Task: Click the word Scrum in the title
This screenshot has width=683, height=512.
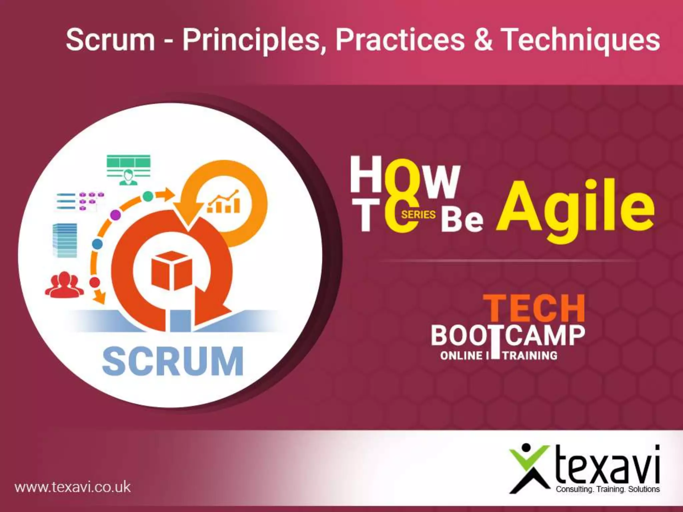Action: pyautogui.click(x=110, y=39)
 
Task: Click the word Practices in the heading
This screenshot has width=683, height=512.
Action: pyautogui.click(x=400, y=39)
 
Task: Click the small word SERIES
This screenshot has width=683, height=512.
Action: pyautogui.click(x=419, y=214)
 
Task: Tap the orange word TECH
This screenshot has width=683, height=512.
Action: pyautogui.click(x=534, y=309)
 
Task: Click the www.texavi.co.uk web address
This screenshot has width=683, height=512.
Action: pyautogui.click(x=73, y=487)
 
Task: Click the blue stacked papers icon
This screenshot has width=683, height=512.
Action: pyautogui.click(x=65, y=240)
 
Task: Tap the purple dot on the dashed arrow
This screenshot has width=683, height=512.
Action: pyautogui.click(x=115, y=215)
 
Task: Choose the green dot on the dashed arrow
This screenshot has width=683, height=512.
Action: pyautogui.click(x=148, y=196)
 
